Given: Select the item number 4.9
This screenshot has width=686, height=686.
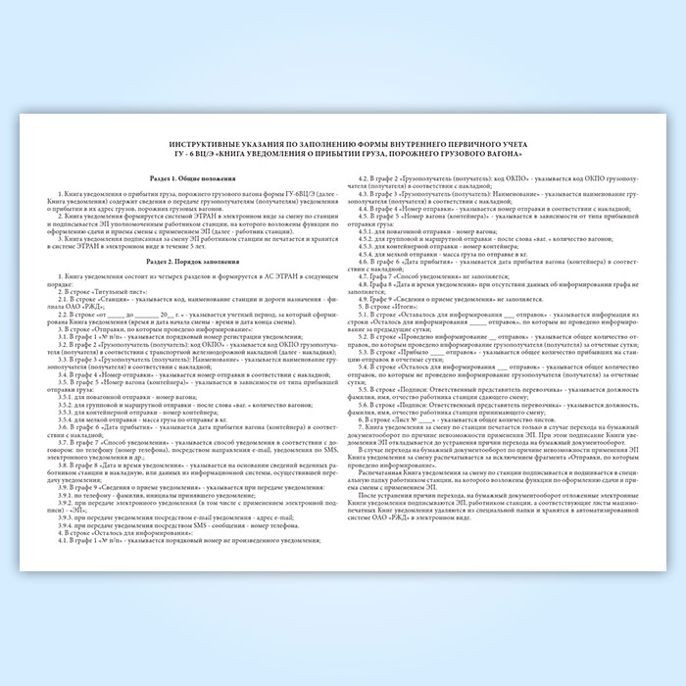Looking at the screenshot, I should click(367, 299).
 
